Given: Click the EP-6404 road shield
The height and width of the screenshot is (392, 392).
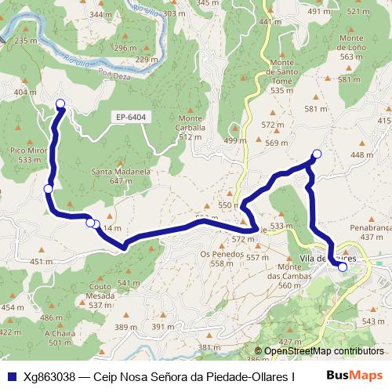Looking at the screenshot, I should (132, 118).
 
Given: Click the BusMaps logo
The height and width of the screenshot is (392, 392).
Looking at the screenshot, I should (354, 376).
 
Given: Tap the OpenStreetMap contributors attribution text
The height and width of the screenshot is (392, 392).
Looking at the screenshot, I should (324, 351).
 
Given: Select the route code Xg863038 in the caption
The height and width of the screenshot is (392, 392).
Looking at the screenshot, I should (48, 376).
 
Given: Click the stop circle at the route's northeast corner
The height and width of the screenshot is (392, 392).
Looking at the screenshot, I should (317, 154).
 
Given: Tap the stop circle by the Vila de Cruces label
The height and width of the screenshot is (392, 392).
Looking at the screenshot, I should (343, 267).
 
